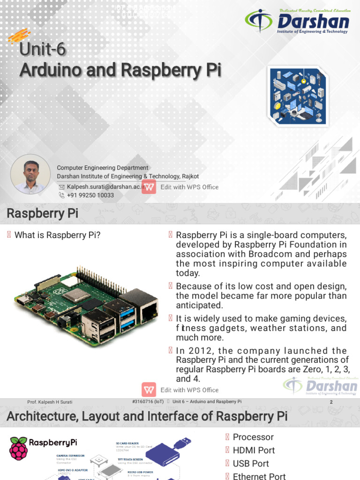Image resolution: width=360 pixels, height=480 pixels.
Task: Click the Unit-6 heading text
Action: click(x=43, y=50)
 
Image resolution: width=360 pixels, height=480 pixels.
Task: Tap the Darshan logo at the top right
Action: click(x=297, y=21)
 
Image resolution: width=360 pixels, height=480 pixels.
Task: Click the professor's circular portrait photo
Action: click(x=30, y=174)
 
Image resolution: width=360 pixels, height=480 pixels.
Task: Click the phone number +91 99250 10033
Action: click(x=90, y=195)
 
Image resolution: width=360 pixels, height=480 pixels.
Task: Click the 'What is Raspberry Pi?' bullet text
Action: click(x=57, y=235)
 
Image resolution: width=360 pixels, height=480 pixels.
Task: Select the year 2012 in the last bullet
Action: click(x=197, y=351)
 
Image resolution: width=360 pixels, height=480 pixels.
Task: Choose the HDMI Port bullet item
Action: click(x=254, y=450)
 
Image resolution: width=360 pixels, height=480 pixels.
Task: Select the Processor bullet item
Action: click(x=253, y=437)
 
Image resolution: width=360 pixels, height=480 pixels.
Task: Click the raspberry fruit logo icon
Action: click(x=18, y=448)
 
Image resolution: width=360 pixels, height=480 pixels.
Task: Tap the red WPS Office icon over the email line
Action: click(x=149, y=187)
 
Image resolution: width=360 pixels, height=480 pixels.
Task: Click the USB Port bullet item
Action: click(x=251, y=464)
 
